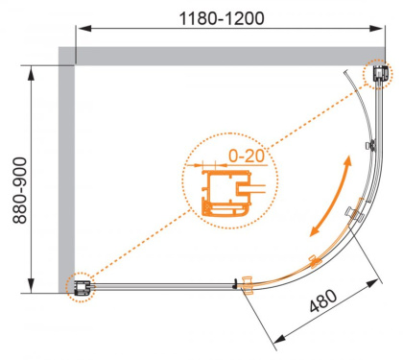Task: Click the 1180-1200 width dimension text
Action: pos(225,17)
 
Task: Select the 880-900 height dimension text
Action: pos(12,180)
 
